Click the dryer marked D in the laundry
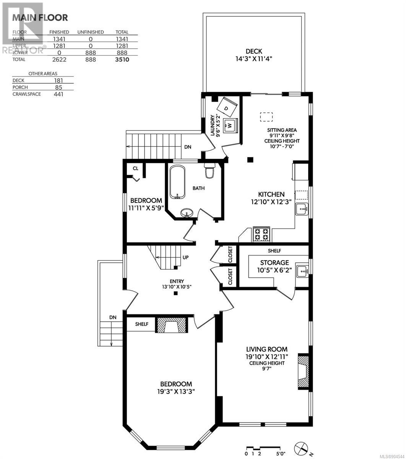(x=227, y=107)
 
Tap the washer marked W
(x=230, y=125)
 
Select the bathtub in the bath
(x=177, y=182)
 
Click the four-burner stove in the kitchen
(x=261, y=234)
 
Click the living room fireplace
(x=303, y=372)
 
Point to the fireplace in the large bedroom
(x=171, y=325)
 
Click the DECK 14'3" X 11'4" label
(x=254, y=55)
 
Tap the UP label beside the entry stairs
(x=185, y=257)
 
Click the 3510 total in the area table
(x=122, y=60)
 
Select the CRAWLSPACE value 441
(x=58, y=94)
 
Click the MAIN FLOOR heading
(x=40, y=18)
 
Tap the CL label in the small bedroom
(x=135, y=168)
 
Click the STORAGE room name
(x=274, y=262)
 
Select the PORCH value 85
(x=58, y=87)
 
